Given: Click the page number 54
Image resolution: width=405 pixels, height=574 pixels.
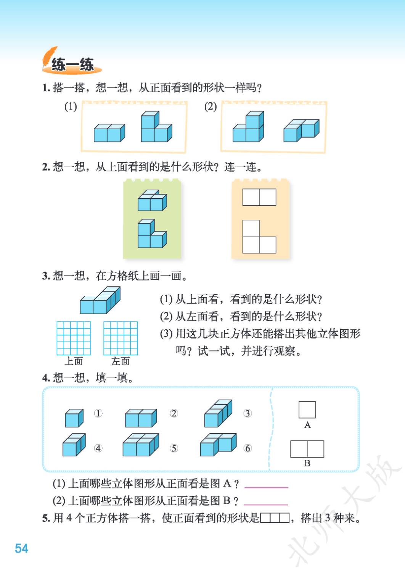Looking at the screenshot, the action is pos(21,549).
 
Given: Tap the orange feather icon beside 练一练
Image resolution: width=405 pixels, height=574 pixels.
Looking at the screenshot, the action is pos(49,58).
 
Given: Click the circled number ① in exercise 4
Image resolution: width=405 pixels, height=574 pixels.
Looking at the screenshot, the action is pos(98,413).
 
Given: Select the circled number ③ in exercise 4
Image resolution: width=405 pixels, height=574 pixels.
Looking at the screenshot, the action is pos(247,413).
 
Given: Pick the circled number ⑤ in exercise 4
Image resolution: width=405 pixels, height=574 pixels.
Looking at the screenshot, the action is pos(174,448).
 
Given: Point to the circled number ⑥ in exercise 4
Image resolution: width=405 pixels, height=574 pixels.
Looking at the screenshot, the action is pos(247,448).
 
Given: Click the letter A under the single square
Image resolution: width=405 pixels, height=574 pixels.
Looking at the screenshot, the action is pos(307,425).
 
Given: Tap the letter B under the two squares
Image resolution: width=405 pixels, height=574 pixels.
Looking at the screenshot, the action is pos(307,463).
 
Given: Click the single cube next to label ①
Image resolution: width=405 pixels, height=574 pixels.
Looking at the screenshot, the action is pos(74,418).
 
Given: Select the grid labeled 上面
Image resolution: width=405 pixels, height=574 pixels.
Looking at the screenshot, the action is pos(74,338).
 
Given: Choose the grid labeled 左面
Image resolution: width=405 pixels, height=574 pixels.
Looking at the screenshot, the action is pos(121,338).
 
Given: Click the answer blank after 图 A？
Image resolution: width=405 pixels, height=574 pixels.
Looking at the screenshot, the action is pos(266,487).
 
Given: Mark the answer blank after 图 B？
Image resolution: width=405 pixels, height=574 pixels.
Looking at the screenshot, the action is pos(266,505).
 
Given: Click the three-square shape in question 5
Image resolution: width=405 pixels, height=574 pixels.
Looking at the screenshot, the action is pos(275,518).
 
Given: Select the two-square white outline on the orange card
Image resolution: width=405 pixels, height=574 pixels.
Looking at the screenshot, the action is pos(259,197).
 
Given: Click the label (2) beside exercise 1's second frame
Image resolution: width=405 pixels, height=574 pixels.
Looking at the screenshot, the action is pos(211,106).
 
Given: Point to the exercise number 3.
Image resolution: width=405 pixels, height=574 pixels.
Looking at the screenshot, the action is pos(45,276).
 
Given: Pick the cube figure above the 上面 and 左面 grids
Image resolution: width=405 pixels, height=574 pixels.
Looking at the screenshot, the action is pos(100,300).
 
